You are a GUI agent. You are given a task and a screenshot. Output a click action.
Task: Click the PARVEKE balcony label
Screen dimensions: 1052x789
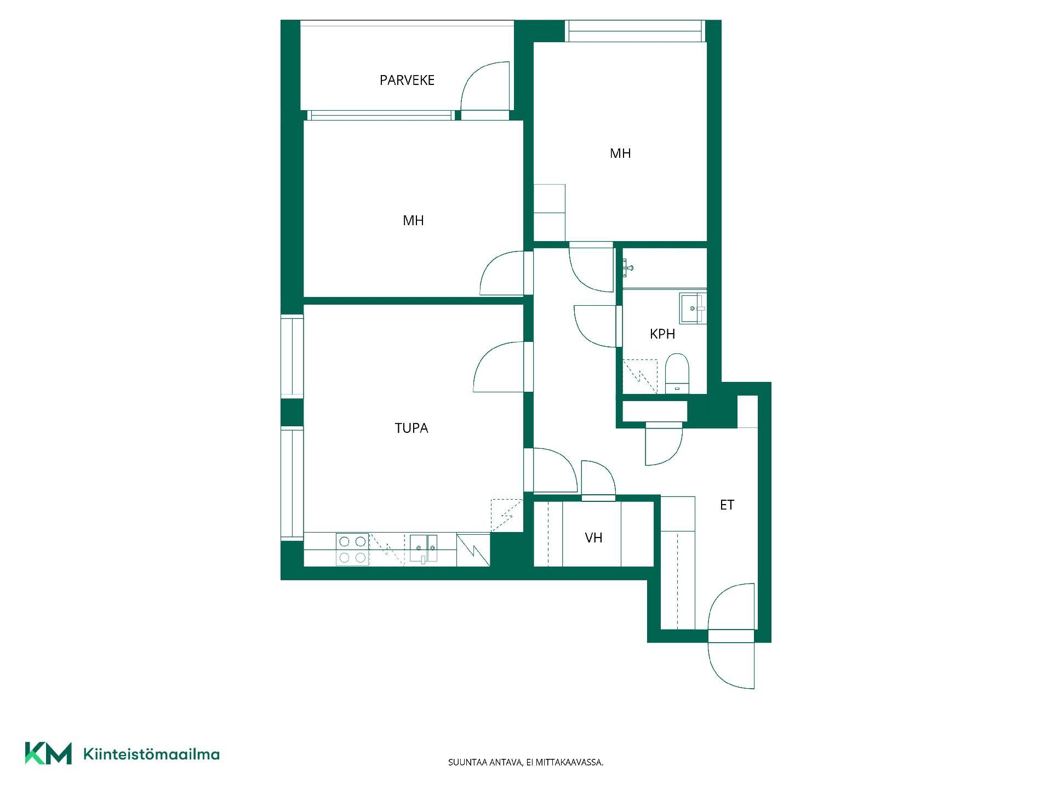point(407,80)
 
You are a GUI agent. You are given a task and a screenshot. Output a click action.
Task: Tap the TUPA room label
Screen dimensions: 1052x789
point(411,428)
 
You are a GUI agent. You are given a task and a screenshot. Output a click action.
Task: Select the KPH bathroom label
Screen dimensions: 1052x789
point(662,334)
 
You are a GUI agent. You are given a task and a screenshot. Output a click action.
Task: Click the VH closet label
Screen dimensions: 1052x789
point(593,538)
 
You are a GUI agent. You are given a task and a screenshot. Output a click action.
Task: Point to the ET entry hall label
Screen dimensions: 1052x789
point(727,505)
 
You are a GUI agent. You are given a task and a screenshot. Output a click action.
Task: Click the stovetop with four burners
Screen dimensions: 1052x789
point(352,550)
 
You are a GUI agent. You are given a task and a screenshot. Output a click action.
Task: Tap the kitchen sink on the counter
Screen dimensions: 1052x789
point(424,549)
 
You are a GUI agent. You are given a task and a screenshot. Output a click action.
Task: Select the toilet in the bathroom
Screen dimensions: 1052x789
point(677,373)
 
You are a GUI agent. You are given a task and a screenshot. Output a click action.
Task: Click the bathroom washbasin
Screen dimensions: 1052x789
point(693,308)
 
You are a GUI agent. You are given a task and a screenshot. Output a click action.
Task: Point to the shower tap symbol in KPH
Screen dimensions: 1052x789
point(628,268)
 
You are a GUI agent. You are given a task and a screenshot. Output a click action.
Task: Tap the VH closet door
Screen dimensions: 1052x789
point(598,478)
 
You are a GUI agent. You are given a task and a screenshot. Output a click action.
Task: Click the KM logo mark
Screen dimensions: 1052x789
point(48,753)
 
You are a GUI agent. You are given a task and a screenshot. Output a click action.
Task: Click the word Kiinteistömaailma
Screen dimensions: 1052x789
point(151,754)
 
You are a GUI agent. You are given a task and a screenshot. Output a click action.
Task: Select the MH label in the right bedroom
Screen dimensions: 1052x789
point(620,153)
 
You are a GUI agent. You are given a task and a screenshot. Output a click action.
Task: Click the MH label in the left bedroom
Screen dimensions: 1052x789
point(413,221)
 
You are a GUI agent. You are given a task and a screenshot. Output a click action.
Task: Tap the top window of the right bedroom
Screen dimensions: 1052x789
point(635,31)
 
